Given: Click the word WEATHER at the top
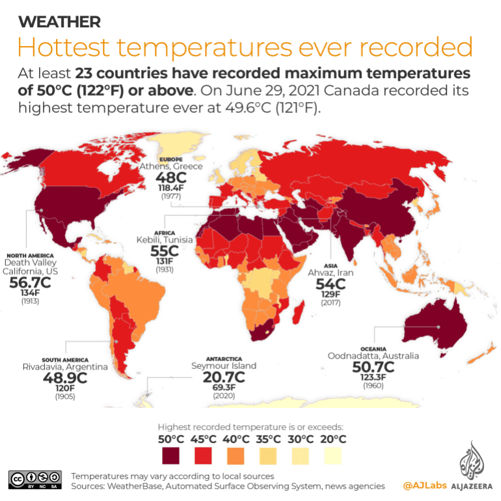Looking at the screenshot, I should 59,22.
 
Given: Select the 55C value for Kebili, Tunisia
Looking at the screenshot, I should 165,251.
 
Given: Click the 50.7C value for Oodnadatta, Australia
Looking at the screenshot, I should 373,368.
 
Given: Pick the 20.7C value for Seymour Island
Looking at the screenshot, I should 223,377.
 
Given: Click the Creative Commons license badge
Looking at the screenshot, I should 35,480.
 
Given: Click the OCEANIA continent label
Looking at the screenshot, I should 373,348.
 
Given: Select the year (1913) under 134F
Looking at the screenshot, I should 31,301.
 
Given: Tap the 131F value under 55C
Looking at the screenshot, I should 165,261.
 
